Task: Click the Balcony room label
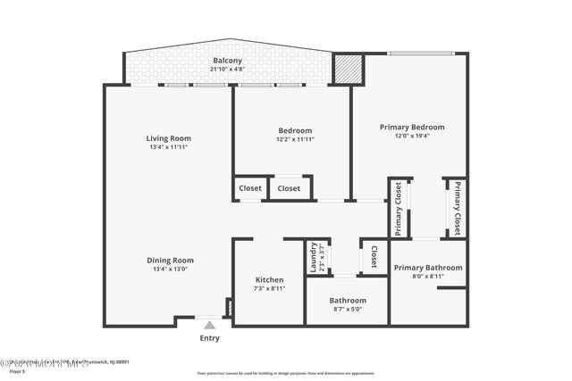click(227, 61)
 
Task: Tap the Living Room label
click(169, 138)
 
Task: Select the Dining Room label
click(170, 260)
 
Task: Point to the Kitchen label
click(269, 279)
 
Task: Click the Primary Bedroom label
click(411, 128)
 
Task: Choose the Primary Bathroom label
click(428, 268)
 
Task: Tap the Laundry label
click(314, 258)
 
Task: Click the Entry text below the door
click(209, 338)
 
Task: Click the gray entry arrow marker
click(209, 325)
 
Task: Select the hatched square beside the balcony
click(346, 69)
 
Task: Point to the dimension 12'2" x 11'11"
click(295, 139)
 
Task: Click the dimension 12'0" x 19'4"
click(411, 137)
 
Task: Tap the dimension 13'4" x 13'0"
click(170, 269)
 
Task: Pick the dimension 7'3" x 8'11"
click(269, 288)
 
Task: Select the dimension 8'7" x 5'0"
click(348, 310)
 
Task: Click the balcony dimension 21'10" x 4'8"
click(227, 69)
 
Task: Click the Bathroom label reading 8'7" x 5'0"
click(348, 301)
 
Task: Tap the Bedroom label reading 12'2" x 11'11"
click(295, 130)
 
